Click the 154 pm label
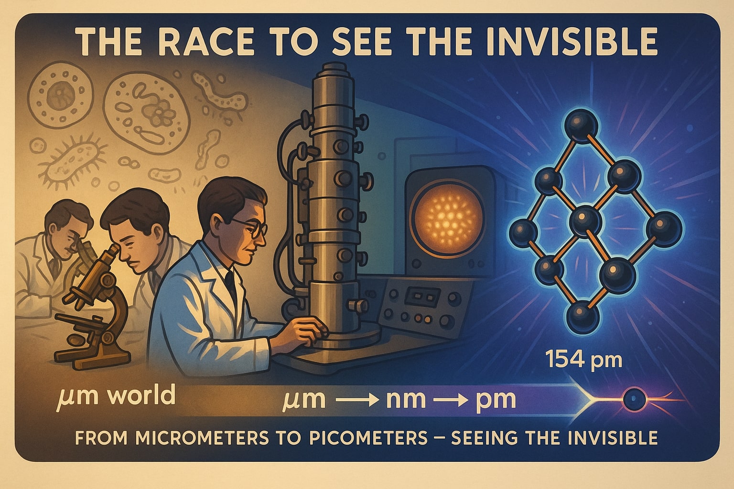click(584, 360)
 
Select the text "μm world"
click(116, 396)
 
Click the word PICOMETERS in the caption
click(368, 438)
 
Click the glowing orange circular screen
click(449, 218)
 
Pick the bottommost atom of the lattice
click(583, 317)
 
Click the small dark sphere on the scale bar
click(635, 399)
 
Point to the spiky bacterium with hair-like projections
click(72, 163)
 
